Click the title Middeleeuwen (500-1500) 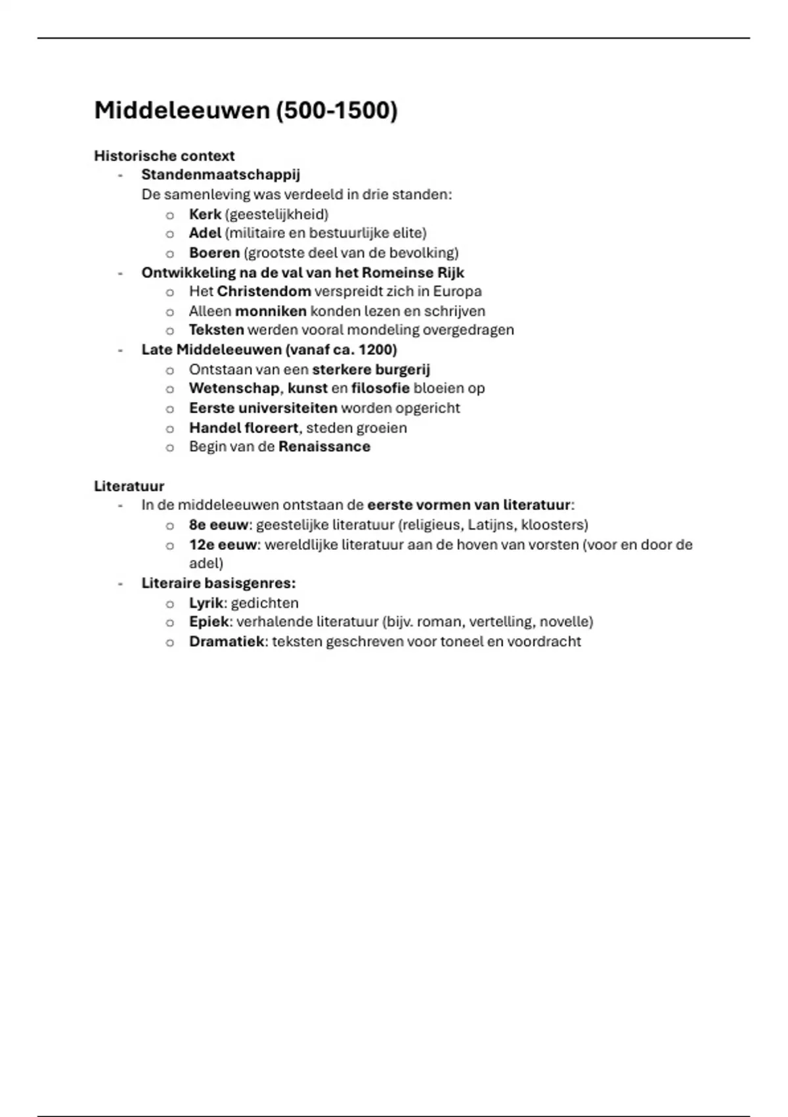click(246, 110)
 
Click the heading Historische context click(164, 156)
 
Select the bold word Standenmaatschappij click(221, 175)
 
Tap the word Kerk click(205, 214)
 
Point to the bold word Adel click(205, 233)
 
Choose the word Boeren click(214, 253)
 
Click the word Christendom click(264, 291)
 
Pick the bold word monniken click(271, 311)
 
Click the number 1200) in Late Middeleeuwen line click(378, 350)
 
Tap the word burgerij click(403, 369)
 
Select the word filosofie click(380, 388)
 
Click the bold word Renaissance click(324, 447)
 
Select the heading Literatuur click(129, 486)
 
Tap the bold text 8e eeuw click(219, 525)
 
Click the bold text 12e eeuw click(223, 545)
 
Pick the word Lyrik click(206, 603)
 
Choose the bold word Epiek click(209, 622)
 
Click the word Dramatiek click(227, 641)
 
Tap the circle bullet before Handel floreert click(170, 428)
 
